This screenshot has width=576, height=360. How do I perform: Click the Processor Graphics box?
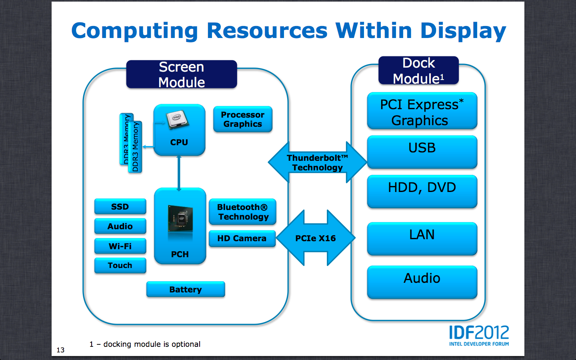243,119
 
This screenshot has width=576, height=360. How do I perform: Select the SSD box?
120,206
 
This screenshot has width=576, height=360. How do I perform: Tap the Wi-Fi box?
120,246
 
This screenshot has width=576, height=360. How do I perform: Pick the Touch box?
120,265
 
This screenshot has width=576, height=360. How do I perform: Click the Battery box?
186,289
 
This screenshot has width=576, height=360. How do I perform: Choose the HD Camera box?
242,238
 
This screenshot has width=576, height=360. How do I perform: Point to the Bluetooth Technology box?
242,212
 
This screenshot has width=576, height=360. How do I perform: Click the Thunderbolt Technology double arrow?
317,162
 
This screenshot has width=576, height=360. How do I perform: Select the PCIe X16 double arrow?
316,238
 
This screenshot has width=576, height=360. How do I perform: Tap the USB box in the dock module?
422,152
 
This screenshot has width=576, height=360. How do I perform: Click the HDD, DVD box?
422,191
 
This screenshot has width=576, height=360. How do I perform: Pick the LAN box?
422,238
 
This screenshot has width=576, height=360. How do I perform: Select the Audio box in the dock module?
422,282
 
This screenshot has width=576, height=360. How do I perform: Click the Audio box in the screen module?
120,226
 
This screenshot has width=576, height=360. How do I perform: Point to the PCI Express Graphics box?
422,111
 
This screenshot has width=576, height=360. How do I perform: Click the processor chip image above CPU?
177,119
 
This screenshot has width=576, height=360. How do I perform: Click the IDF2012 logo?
479,335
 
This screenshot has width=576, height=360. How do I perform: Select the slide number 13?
60,350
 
